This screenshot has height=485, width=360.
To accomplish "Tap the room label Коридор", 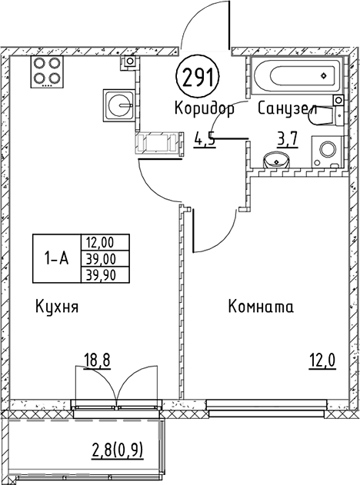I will coord(205,109).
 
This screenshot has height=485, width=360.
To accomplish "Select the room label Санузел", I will coord(288,109).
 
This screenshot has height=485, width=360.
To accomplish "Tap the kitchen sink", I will coord(118,103).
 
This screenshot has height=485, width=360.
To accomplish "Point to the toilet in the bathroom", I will coord(328,117).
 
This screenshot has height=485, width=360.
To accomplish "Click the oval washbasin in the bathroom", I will coord(275,160).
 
